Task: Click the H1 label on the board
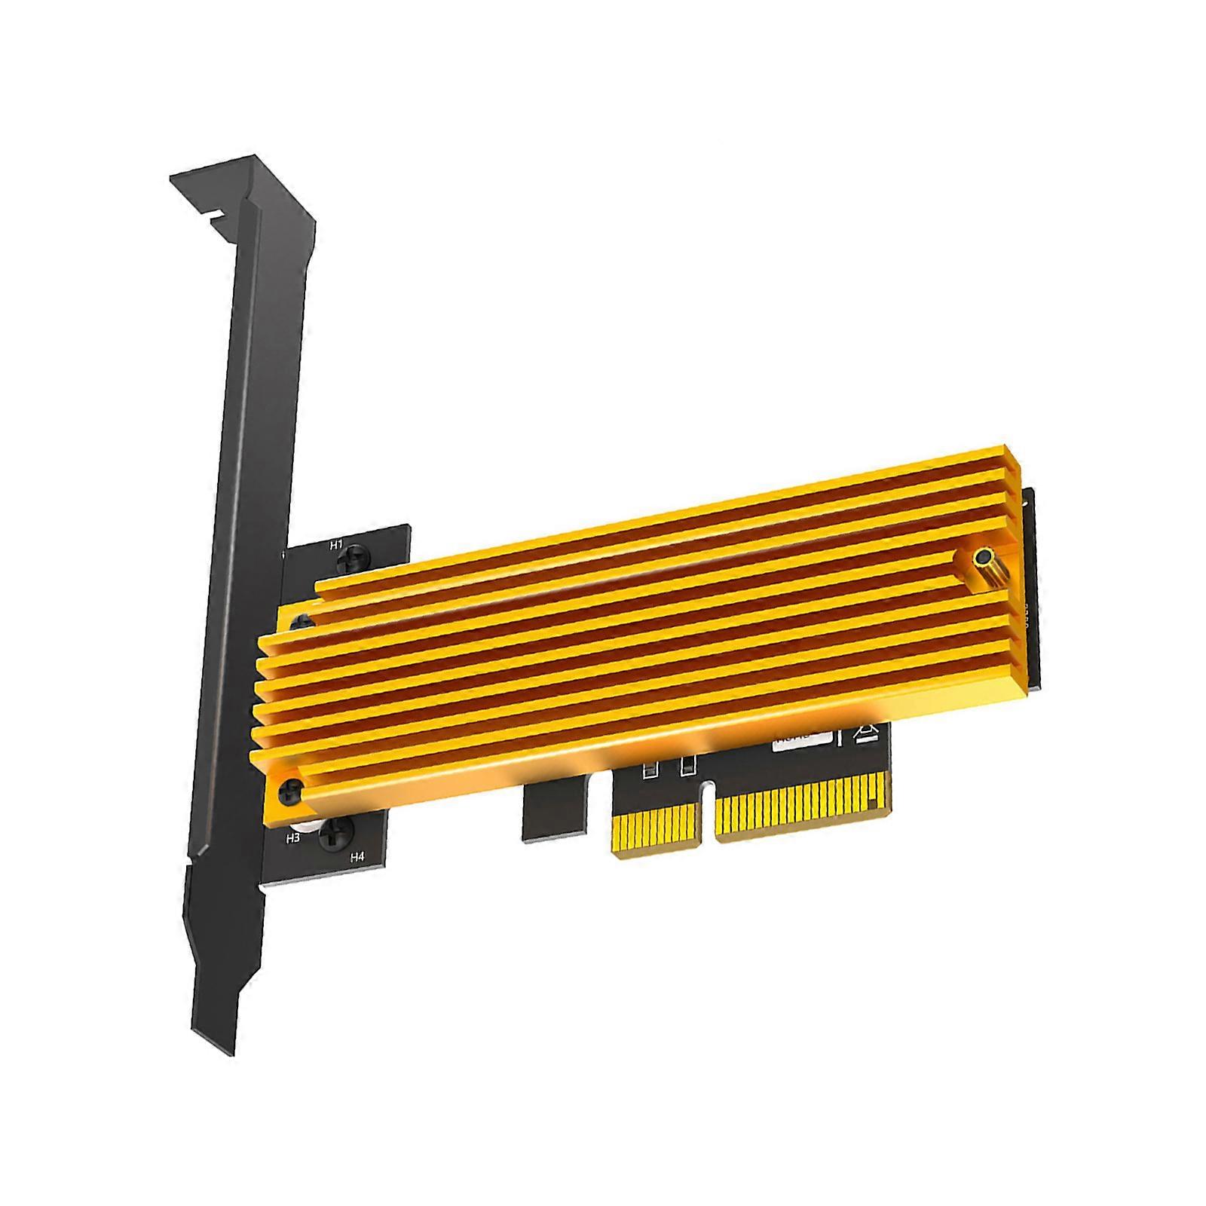[x=336, y=544]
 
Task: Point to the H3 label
[x=294, y=837]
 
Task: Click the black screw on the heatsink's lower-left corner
[x=291, y=791]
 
